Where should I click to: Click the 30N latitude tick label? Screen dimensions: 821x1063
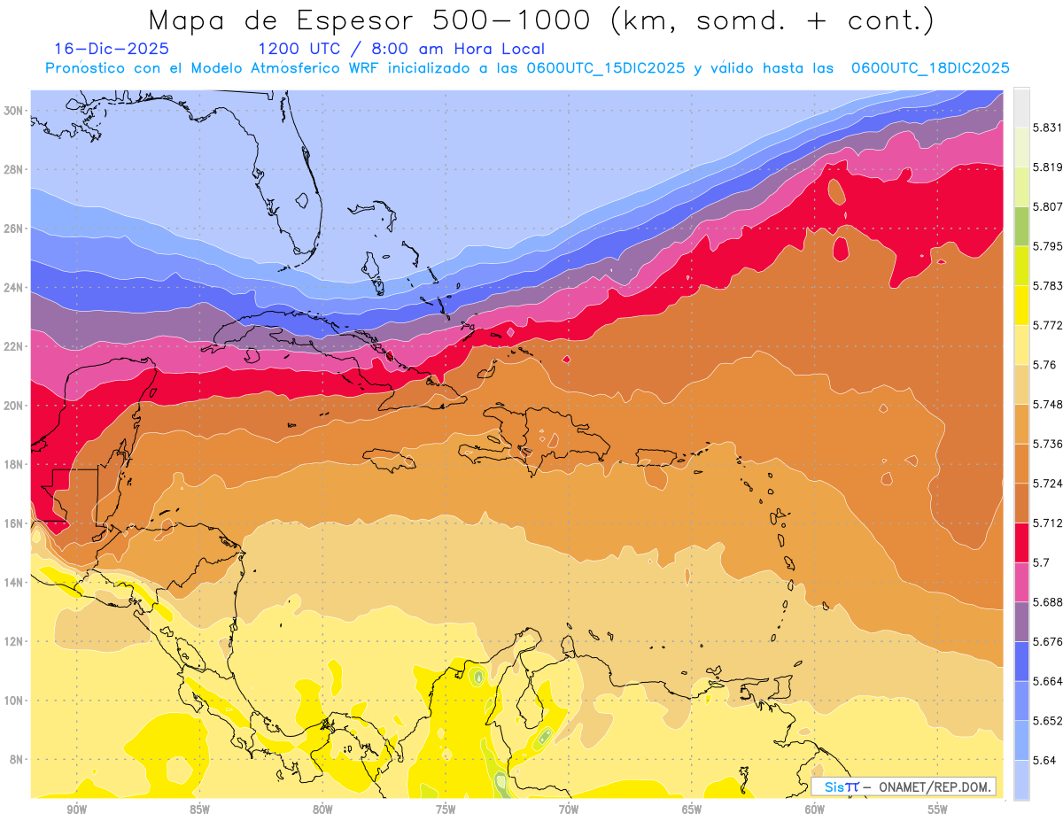(13, 111)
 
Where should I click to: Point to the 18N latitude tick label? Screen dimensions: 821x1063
(13, 464)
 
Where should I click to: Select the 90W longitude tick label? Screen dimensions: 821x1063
(76, 809)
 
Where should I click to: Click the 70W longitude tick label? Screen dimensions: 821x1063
(568, 809)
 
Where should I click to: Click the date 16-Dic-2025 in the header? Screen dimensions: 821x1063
(112, 50)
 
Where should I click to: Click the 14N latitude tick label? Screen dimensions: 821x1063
(13, 582)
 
